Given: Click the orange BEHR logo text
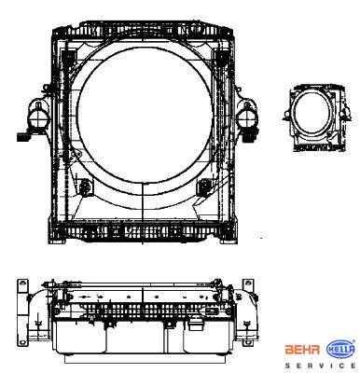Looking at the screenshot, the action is pos(302,350).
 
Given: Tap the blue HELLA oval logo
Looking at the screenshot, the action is pos(340,350).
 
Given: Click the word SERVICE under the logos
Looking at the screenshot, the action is pos(321,366).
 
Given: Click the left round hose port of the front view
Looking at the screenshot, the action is pos(37,117).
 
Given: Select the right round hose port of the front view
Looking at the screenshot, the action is pos(247,118).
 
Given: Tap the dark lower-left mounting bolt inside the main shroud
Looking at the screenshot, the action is pos(84,187).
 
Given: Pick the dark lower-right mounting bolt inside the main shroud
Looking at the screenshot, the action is pos(204,187).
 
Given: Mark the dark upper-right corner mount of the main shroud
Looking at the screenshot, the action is pos(221,58).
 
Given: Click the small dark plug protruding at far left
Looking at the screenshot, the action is pos(22,137).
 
